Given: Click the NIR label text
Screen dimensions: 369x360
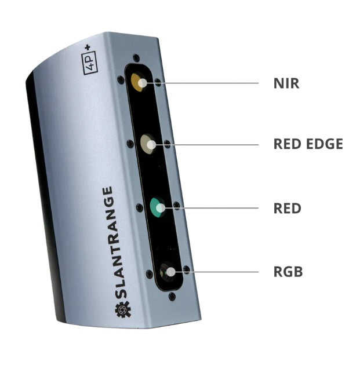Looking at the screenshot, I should pyautogui.click(x=286, y=83).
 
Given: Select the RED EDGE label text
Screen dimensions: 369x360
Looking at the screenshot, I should pyautogui.click(x=308, y=144).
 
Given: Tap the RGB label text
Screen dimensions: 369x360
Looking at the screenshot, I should pyautogui.click(x=288, y=271).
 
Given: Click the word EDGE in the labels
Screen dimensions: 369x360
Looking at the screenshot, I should pyautogui.click(x=325, y=144).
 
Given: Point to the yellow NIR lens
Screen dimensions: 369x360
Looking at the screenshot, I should pyautogui.click(x=138, y=82).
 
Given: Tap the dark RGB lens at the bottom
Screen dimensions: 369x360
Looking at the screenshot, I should pyautogui.click(x=168, y=270).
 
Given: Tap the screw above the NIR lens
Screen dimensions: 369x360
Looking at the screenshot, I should pyautogui.click(x=135, y=58).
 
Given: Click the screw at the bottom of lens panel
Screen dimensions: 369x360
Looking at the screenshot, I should pyautogui.click(x=172, y=296).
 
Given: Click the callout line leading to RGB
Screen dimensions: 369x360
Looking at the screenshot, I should pyautogui.click(x=223, y=271).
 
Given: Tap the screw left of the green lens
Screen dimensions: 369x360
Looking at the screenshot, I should pyautogui.click(x=139, y=207).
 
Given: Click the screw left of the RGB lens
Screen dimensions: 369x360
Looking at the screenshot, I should pyautogui.click(x=149, y=273).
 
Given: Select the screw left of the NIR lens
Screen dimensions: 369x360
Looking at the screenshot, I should pyautogui.click(x=121, y=80).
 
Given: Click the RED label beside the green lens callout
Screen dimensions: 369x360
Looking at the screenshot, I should pyautogui.click(x=287, y=207).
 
